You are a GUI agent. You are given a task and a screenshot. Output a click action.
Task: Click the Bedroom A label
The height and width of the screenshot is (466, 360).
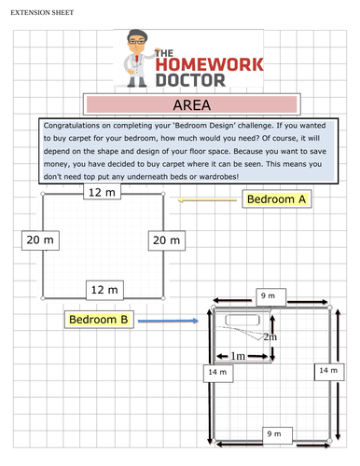[x=275, y=199]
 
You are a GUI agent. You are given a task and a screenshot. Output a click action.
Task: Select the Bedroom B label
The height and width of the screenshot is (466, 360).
[x=98, y=321]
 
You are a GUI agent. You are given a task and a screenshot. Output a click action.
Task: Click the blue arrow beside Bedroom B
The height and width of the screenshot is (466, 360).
[x=167, y=322]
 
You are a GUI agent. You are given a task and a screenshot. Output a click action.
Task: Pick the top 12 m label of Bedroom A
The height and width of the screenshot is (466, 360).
[x=103, y=192]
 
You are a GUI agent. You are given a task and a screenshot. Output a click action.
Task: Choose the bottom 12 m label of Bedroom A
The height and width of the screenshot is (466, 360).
[x=103, y=290]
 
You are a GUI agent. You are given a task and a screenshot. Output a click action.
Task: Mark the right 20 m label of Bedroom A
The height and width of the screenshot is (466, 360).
[x=164, y=240]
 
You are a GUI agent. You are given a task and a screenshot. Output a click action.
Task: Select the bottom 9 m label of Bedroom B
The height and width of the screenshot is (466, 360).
[x=273, y=434]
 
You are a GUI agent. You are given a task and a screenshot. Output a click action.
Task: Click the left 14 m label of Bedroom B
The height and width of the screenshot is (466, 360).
[x=217, y=373]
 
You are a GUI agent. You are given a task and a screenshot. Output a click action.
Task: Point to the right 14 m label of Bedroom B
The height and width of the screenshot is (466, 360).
[x=327, y=370]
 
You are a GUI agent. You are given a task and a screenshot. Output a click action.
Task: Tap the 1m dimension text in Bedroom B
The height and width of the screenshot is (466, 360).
[x=239, y=356]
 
